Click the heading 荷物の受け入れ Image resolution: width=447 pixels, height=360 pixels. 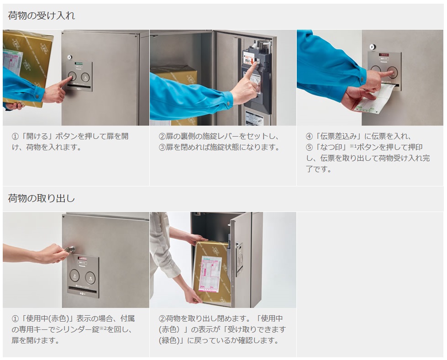point(42,16)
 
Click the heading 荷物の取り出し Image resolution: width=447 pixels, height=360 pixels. point(42,198)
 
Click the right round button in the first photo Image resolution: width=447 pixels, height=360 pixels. point(85,77)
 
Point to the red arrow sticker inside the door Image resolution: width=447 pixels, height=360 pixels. point(252,60)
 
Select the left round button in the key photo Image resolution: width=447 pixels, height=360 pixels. point(75,275)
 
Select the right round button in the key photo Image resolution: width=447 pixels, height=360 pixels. point(90,277)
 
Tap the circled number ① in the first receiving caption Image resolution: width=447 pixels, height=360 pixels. point(15,136)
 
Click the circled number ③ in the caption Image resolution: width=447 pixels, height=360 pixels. point(162,148)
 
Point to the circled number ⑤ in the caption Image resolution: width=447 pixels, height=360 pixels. point(309,148)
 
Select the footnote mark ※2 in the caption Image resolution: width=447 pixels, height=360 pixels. point(103,328)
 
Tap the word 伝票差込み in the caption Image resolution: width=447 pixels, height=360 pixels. point(338,136)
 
